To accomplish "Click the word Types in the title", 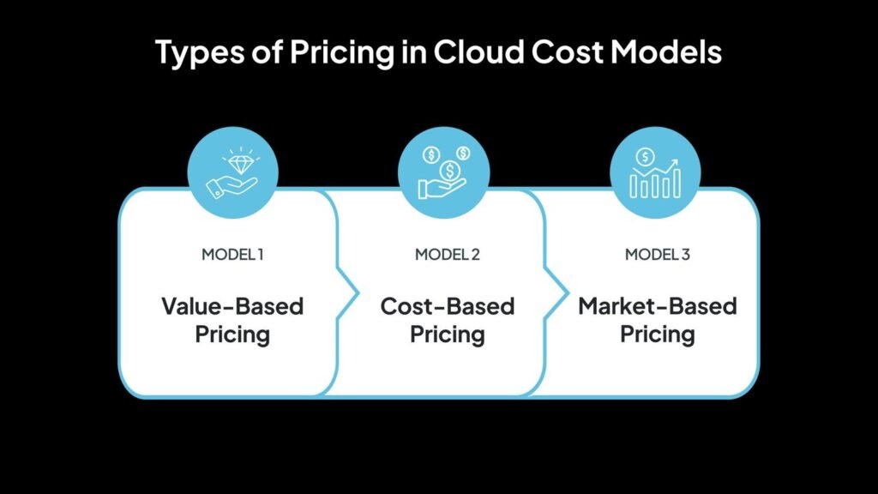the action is (200, 52).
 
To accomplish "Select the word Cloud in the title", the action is (478, 51).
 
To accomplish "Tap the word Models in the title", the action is (665, 51).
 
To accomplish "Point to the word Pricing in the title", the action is (342, 53).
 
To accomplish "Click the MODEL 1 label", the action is (232, 254).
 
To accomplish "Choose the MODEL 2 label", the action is (448, 254).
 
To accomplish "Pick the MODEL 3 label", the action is (658, 254).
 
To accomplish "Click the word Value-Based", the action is (232, 306).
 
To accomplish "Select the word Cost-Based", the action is (448, 306).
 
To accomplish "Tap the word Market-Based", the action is (658, 306).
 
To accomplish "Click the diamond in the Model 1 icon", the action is (241, 164).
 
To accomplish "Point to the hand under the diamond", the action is (231, 187).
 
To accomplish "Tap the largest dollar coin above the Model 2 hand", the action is (449, 171).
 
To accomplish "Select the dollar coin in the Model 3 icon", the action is (645, 157).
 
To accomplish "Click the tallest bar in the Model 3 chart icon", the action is (677, 183).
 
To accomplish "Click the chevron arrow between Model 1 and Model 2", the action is (348, 293).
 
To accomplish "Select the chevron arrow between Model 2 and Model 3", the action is (556, 293).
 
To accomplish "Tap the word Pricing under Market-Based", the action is (658, 335).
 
